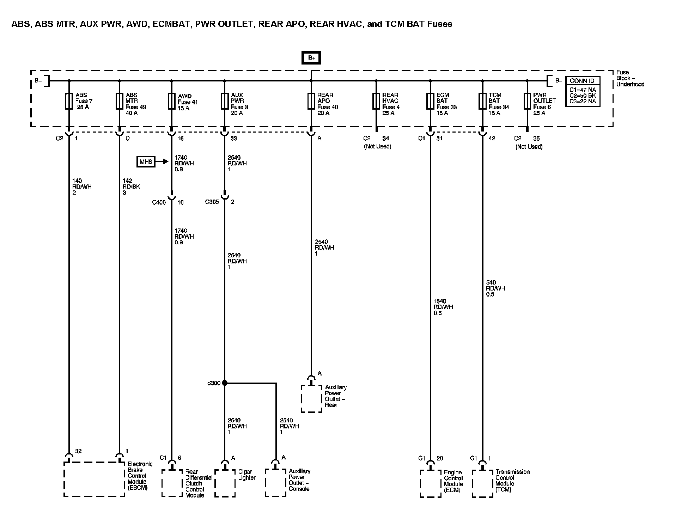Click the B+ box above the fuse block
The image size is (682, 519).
tap(311, 58)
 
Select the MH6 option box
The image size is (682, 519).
tap(146, 162)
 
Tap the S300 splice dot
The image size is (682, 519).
tap(225, 383)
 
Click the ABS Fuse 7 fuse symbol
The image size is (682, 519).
tap(69, 101)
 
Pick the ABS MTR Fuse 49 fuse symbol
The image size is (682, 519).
tap(120, 101)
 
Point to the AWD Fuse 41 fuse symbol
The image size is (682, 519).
tap(172, 101)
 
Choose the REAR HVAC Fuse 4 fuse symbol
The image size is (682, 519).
tap(376, 101)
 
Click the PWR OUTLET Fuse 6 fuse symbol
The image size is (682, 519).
tap(527, 101)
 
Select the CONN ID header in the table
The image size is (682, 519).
tap(582, 81)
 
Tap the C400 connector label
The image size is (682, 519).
tap(159, 202)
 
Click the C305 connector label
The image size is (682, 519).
tap(212, 202)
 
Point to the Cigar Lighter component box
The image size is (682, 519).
tap(225, 483)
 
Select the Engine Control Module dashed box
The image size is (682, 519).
tap(431, 483)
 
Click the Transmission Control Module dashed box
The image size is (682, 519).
tap(482, 483)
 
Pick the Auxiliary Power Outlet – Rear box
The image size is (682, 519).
tap(311, 399)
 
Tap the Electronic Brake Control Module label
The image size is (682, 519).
tap(140, 476)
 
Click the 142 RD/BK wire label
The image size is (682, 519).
tap(131, 187)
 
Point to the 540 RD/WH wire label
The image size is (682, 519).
tap(495, 288)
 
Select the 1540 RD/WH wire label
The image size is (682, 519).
tap(443, 307)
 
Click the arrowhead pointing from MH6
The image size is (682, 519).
tap(166, 162)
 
